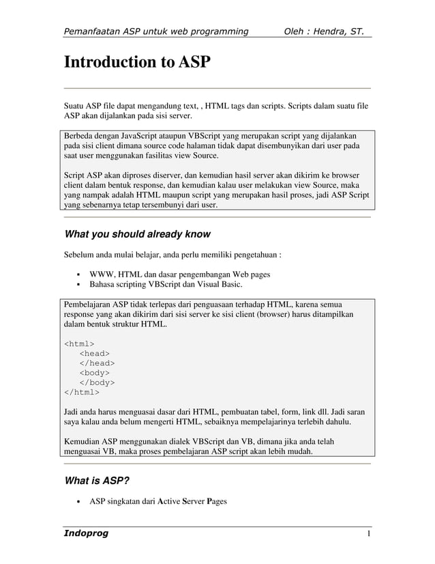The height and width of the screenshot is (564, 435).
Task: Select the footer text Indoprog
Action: click(86, 533)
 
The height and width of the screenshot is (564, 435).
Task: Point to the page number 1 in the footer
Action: click(368, 533)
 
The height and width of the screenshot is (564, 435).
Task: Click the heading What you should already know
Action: click(136, 234)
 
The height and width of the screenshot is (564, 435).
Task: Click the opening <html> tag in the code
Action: click(79, 343)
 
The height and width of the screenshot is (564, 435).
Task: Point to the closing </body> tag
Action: click(97, 382)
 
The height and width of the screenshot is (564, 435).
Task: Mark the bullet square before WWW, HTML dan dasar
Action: click(78, 274)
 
